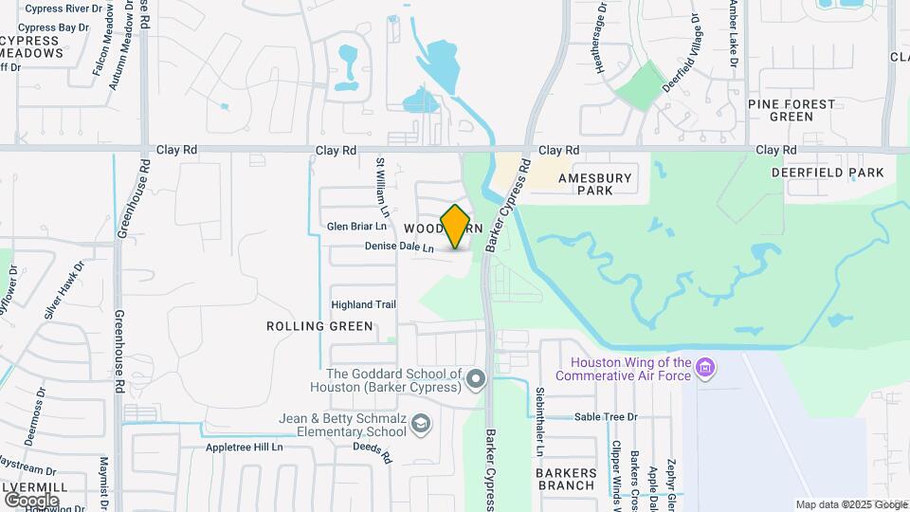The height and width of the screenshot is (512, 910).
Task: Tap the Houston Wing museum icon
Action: tap(704, 367)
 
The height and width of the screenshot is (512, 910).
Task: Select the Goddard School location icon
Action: tap(476, 380)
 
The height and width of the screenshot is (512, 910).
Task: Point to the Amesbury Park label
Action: tap(594, 184)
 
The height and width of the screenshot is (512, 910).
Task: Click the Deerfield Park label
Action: tap(827, 173)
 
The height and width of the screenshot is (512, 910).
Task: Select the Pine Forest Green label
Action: tap(792, 110)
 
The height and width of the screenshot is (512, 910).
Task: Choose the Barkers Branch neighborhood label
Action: tap(566, 479)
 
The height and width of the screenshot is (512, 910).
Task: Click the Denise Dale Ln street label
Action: tap(399, 247)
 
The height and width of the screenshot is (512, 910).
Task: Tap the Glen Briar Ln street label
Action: tap(357, 227)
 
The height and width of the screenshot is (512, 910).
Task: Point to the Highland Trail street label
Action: tap(363, 304)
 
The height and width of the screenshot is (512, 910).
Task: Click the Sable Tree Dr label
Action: tap(606, 416)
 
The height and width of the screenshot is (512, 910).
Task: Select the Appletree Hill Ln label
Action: tap(245, 447)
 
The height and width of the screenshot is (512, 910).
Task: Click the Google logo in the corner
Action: tap(31, 500)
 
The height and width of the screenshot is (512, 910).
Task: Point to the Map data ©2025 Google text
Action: tap(851, 504)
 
